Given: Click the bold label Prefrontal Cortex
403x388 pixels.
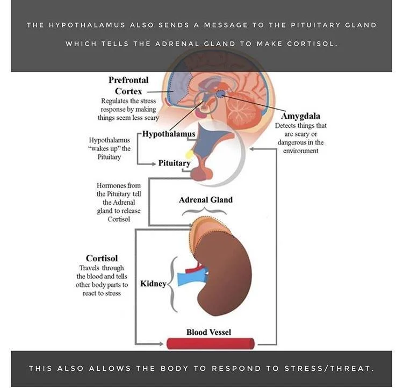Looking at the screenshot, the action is tap(128, 85).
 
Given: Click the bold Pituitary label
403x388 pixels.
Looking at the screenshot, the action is tap(174, 163).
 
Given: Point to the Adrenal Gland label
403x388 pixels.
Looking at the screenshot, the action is tap(206, 200).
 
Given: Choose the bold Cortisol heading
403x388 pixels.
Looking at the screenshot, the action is tap(102, 258).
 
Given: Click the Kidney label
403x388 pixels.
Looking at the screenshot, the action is tap(153, 283).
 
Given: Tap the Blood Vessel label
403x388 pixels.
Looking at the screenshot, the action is tap(208, 332).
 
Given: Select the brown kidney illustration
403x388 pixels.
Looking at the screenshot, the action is tap(226, 279).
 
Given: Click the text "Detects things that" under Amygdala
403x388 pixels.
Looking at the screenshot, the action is tap(300, 126).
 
